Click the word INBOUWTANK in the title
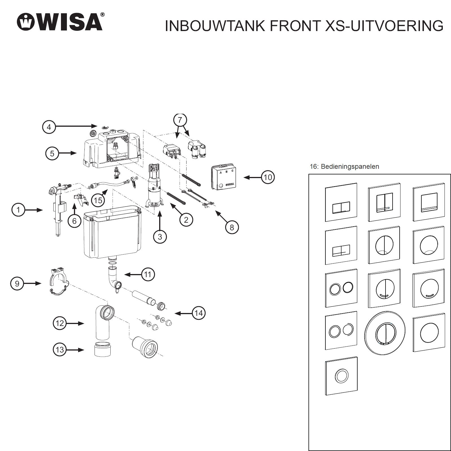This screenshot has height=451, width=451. (x=215, y=26)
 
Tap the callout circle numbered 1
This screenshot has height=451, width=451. (x=18, y=210)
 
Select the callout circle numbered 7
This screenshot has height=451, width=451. (x=180, y=120)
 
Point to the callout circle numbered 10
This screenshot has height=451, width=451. (x=268, y=177)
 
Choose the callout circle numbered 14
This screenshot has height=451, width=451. (x=199, y=313)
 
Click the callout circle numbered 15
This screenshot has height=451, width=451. (x=98, y=200)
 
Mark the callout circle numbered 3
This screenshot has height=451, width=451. (x=160, y=237)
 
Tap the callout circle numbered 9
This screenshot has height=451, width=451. (x=17, y=283)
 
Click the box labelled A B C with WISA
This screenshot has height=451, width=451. (x=223, y=177)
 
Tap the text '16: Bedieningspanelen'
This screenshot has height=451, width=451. (x=344, y=167)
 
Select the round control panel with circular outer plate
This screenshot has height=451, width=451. (x=385, y=333)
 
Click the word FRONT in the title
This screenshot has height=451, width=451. (x=295, y=26)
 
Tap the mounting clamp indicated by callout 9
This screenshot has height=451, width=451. (x=58, y=281)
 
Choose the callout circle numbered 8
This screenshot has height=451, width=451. (x=232, y=227)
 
